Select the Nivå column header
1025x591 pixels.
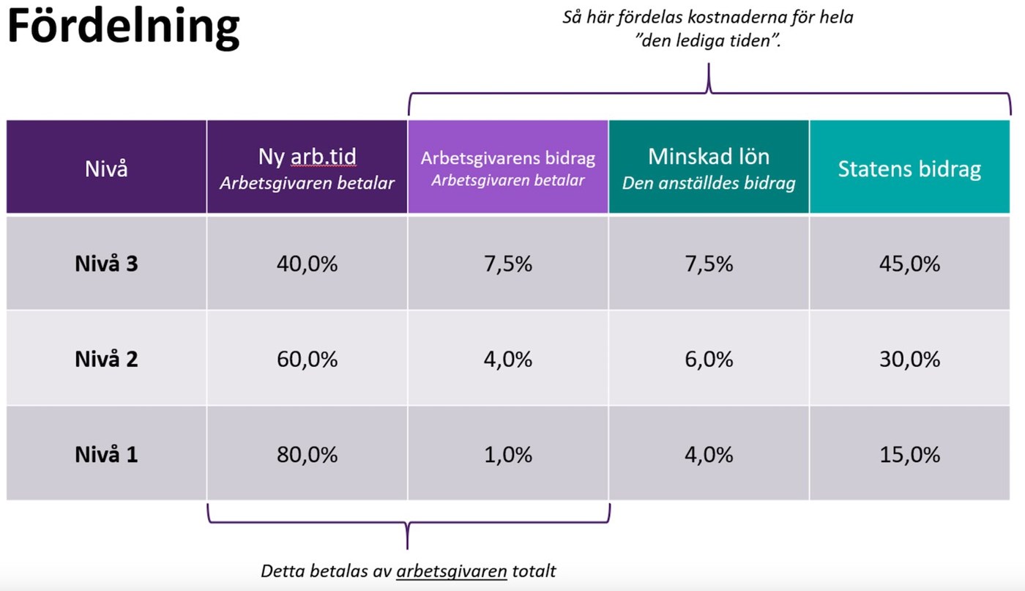106,168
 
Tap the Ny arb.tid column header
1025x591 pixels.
307,168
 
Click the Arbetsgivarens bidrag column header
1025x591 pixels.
507,168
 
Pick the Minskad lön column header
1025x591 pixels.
708,168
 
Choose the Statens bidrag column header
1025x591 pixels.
909,168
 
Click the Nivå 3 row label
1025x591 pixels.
106,264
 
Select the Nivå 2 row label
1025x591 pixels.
106,359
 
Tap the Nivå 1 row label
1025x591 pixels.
106,455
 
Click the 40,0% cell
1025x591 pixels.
307,264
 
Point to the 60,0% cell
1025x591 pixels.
307,359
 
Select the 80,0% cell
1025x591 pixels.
307,455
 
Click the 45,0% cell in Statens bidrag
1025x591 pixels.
909,264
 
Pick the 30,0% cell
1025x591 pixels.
909,359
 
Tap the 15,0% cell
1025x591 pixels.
909,455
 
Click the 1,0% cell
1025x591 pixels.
507,455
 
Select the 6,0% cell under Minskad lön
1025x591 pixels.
708,359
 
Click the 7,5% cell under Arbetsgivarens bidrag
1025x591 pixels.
507,264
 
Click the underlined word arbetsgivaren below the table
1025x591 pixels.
451,571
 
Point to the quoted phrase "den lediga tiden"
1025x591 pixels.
708,41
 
